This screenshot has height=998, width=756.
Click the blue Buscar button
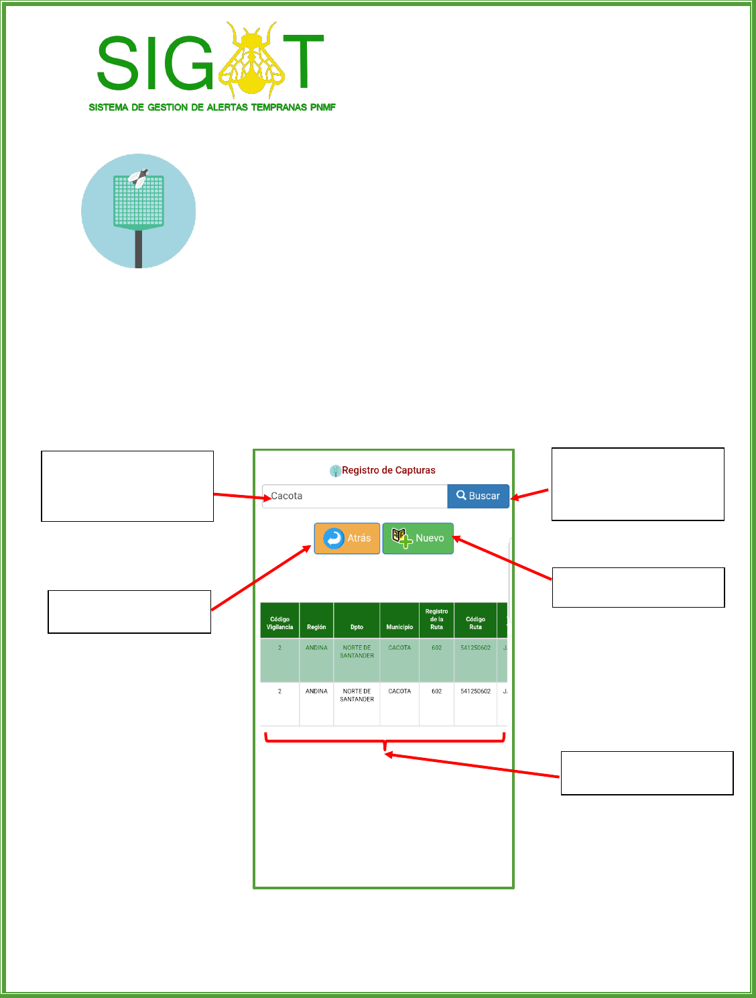point(478,496)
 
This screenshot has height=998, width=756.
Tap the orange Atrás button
point(347,538)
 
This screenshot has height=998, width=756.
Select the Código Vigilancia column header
point(279,623)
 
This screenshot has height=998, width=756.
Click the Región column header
point(316,627)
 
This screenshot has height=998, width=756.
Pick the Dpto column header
point(357,627)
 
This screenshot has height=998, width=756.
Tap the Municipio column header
point(399,627)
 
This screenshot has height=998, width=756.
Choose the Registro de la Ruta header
point(436,619)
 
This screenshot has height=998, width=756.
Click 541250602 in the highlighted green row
point(475,648)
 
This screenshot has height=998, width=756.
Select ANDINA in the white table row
point(316,691)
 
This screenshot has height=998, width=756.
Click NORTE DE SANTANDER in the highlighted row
point(357,652)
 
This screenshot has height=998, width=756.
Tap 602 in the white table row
point(436,691)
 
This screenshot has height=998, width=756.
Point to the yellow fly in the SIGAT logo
point(252,60)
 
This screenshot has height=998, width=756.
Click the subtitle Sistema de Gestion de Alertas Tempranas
point(212,107)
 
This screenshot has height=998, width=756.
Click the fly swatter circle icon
point(139,211)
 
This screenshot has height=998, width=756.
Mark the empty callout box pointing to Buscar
point(637,484)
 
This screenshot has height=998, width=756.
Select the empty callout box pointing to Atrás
point(129,612)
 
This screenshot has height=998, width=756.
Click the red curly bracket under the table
point(385,741)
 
